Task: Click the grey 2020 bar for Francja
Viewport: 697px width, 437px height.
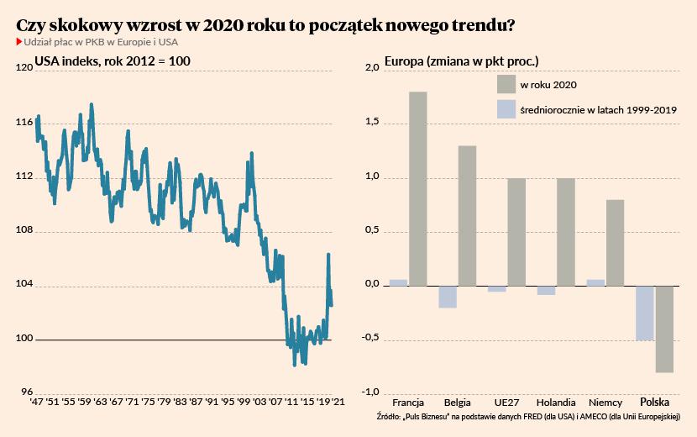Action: (x=417, y=188)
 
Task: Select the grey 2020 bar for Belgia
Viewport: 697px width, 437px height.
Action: (x=467, y=215)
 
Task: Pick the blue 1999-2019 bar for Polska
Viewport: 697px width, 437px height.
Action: (x=644, y=313)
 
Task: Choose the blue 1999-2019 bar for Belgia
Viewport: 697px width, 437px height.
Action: (x=448, y=297)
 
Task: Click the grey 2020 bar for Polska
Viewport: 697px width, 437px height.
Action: (x=664, y=329)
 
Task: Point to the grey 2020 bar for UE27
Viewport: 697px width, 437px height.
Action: (x=516, y=232)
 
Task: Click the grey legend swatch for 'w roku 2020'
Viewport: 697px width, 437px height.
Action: (x=506, y=84)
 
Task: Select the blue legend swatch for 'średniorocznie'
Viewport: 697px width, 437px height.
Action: (x=506, y=109)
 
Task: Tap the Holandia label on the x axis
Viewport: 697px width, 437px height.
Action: (x=555, y=403)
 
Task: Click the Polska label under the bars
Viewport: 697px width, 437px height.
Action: (x=655, y=403)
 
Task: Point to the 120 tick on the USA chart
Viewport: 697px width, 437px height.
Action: (x=23, y=68)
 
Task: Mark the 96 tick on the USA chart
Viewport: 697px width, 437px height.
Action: (x=24, y=393)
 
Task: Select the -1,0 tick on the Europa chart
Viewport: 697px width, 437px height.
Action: (x=370, y=393)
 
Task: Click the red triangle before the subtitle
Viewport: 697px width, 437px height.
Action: (x=19, y=42)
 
